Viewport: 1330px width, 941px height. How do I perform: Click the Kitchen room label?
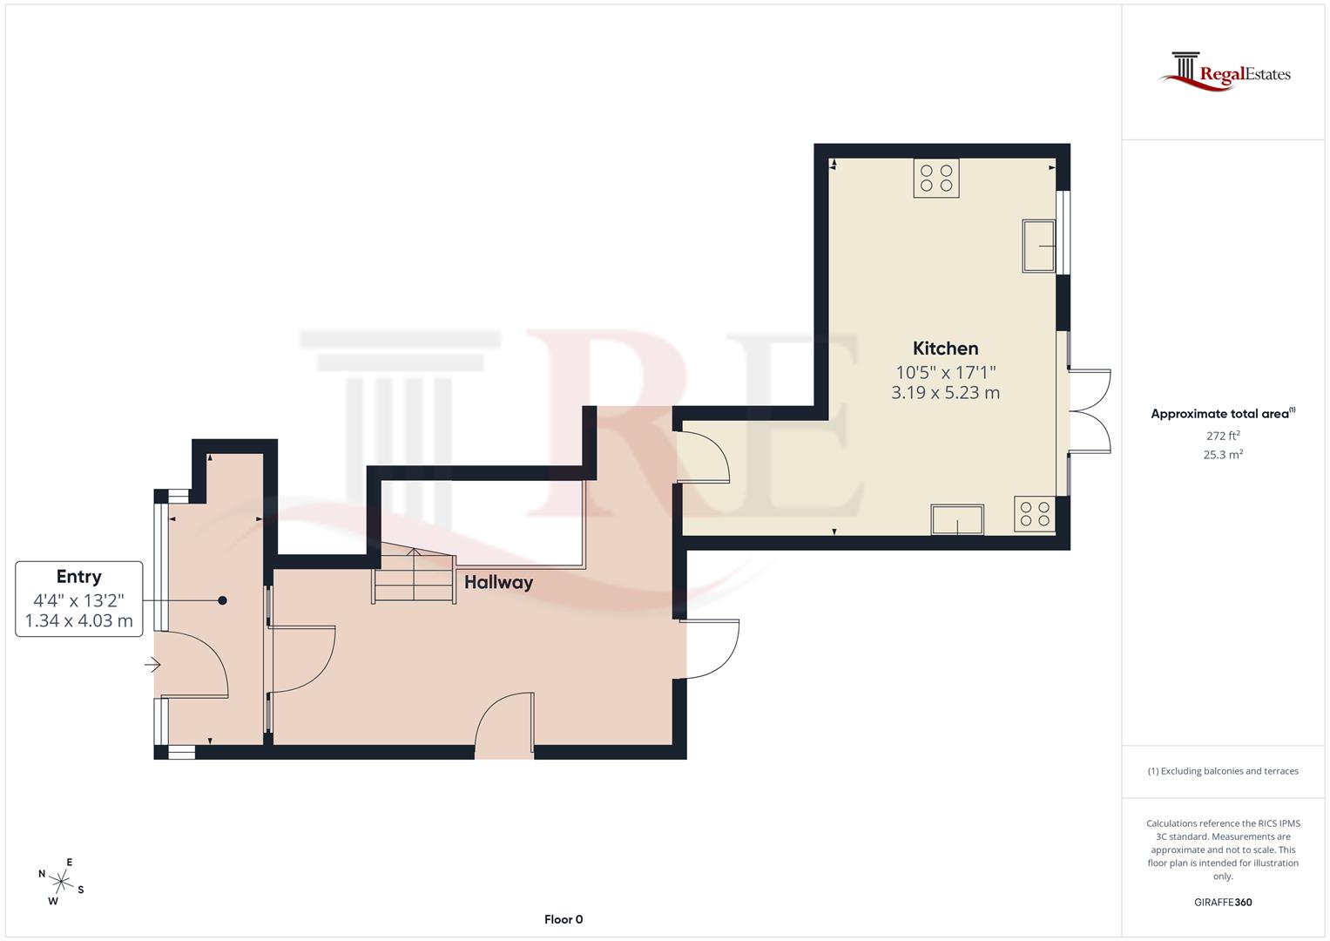pos(945,349)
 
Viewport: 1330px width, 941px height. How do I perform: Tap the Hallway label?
pos(498,582)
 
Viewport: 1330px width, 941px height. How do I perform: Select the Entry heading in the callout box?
pos(78,577)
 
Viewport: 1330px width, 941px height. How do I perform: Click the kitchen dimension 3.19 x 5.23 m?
pos(945,393)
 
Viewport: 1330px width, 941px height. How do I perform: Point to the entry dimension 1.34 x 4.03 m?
pos(78,621)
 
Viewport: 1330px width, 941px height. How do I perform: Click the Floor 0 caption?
pos(564,919)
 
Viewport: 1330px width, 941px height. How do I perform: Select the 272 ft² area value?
pos(1223,436)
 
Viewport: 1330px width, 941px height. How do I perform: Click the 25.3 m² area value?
pos(1223,455)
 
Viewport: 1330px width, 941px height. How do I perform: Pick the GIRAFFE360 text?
pos(1223,903)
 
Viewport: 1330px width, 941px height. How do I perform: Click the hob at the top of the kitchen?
pos(936,178)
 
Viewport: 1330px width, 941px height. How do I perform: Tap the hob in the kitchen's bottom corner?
pos(1035,514)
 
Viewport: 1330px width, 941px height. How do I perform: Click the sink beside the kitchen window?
pos(1040,246)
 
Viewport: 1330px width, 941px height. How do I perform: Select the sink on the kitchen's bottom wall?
pos(957,520)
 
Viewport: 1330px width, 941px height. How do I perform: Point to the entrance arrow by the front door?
pos(152,666)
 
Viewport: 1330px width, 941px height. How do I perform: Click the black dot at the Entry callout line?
pos(223,600)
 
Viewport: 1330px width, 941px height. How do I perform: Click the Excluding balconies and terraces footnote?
pos(1223,771)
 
